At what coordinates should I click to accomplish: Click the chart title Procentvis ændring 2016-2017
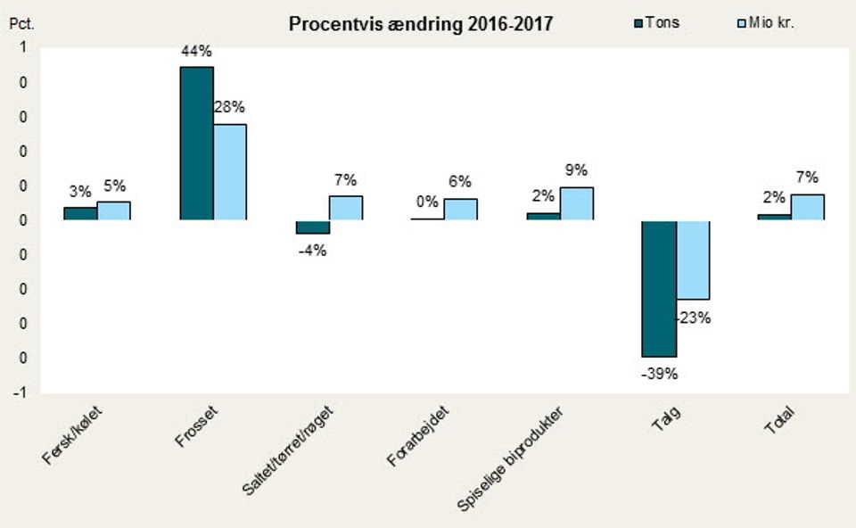click(x=420, y=24)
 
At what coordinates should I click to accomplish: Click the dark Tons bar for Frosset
click(x=196, y=143)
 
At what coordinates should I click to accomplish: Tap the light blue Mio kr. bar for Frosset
click(x=230, y=171)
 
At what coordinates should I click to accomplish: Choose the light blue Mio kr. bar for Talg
click(x=693, y=260)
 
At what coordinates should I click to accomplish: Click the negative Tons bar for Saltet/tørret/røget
click(x=312, y=227)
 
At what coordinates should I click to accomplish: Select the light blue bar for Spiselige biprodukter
click(x=576, y=203)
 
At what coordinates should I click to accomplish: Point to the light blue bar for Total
click(x=807, y=207)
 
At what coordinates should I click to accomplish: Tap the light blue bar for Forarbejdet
click(x=460, y=209)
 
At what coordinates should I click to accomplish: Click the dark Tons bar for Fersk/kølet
click(x=80, y=213)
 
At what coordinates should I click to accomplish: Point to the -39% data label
click(x=659, y=375)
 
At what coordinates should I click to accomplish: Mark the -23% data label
click(x=693, y=317)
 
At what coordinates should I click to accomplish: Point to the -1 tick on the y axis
click(x=20, y=392)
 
